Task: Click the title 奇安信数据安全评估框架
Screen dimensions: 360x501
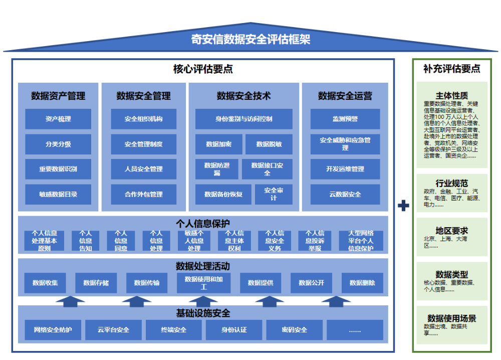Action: tap(250, 39)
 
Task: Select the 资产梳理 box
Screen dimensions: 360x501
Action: tap(58, 119)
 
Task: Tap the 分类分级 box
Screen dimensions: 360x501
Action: tap(58, 144)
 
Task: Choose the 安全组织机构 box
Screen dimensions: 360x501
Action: tap(144, 119)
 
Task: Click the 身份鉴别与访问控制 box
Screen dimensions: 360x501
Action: tap(244, 119)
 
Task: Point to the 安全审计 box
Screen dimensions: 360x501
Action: tap(274, 194)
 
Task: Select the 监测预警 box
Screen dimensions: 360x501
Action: tap(345, 119)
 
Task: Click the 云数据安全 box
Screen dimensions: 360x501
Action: tap(345, 194)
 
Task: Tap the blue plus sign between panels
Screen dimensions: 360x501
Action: tap(403, 206)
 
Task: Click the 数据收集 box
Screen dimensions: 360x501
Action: tap(45, 283)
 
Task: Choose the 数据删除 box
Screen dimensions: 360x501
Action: tap(362, 283)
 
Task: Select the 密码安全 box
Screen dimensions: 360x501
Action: tap(295, 330)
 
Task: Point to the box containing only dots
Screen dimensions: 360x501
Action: tap(355, 330)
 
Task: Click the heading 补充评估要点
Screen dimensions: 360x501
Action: tap(451, 69)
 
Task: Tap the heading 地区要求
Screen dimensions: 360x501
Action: tap(451, 231)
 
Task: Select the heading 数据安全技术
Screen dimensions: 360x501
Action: tap(244, 96)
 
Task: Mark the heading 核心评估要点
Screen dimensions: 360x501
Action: tap(203, 69)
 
